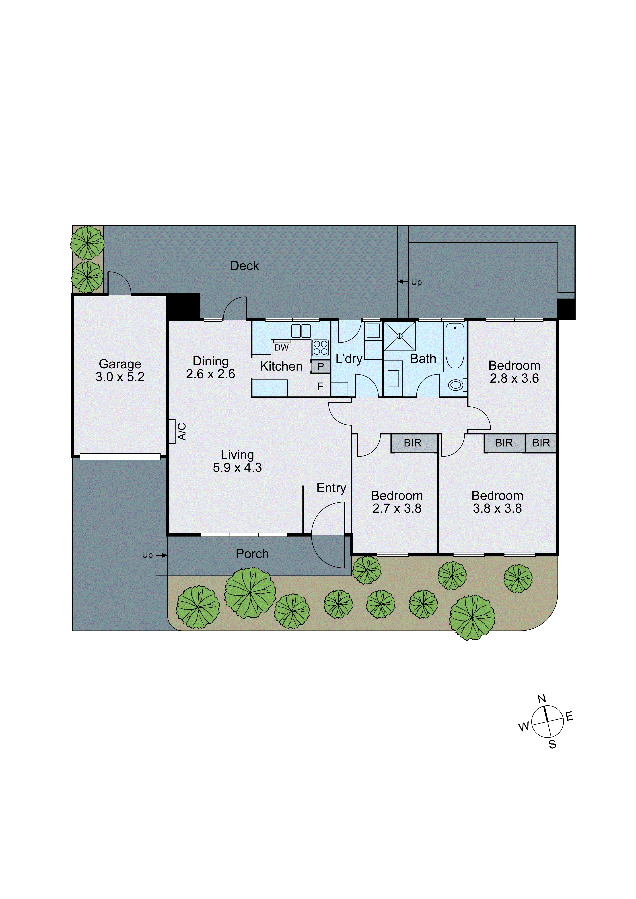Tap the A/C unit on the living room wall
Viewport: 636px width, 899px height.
pos(172,432)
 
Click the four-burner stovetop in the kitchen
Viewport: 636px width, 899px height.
pos(320,348)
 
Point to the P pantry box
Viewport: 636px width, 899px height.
pos(320,367)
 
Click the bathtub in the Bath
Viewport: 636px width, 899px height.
pos(455,346)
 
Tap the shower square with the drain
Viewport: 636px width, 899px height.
pos(399,336)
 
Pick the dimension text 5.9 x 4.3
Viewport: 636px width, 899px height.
pos(237,467)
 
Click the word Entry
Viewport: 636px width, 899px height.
pos(331,488)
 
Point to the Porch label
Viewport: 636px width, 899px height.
pos(252,554)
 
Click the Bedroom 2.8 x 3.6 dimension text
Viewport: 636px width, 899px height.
pos(514,379)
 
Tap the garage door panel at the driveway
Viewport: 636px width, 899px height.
pos(120,457)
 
